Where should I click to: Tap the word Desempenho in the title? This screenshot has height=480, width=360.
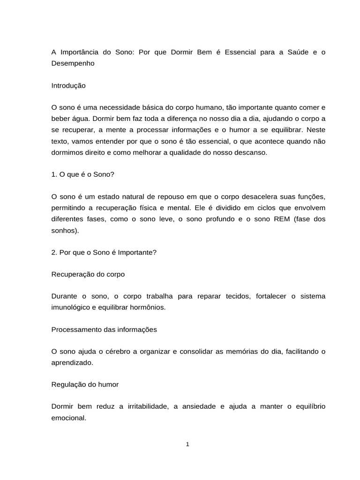tap(73, 63)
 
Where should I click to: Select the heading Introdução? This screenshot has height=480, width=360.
tap(68, 86)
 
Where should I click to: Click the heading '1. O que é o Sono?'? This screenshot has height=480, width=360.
tap(82, 174)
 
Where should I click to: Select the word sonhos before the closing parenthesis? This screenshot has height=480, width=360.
tap(63, 230)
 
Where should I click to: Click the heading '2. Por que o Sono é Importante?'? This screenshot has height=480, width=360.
tap(104, 252)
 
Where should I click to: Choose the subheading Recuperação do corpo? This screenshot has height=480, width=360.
tap(88, 274)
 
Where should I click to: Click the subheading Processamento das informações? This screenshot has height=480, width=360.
tap(104, 330)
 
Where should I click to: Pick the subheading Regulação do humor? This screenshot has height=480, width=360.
tap(85, 384)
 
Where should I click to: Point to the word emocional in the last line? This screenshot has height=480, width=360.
tap(68, 418)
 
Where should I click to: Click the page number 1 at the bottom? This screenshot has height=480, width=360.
tap(187, 444)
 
